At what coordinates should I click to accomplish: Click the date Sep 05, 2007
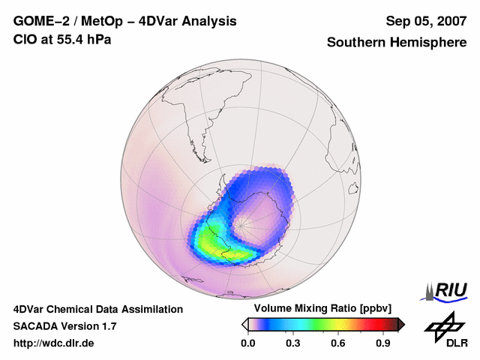coord(426,21)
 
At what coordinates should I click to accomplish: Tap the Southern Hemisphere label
coord(397,43)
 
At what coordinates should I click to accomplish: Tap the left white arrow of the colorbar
coord(244,324)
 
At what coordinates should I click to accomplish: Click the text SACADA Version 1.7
coord(64,326)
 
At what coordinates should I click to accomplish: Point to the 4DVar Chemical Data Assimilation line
coord(97,309)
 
